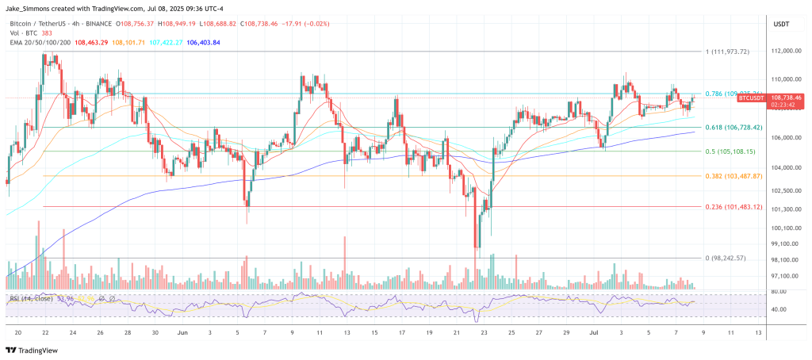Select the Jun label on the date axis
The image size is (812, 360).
pos(183,333)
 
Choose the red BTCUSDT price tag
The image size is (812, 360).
pos(750,97)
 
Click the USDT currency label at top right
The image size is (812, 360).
pos(781,25)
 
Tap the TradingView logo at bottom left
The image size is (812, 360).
pos(35,350)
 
